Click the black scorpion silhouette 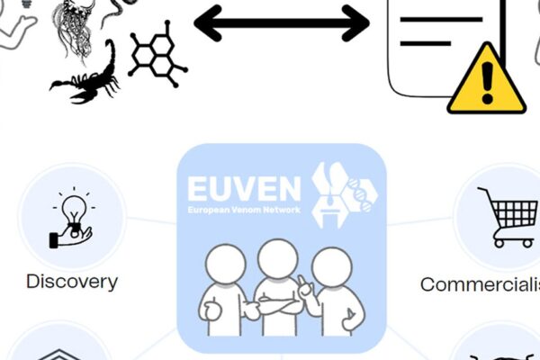(x=90, y=72)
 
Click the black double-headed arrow (x=282, y=23)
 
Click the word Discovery (x=72, y=281)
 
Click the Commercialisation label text (x=481, y=284)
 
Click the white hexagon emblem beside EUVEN (x=346, y=194)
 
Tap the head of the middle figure (x=277, y=260)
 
